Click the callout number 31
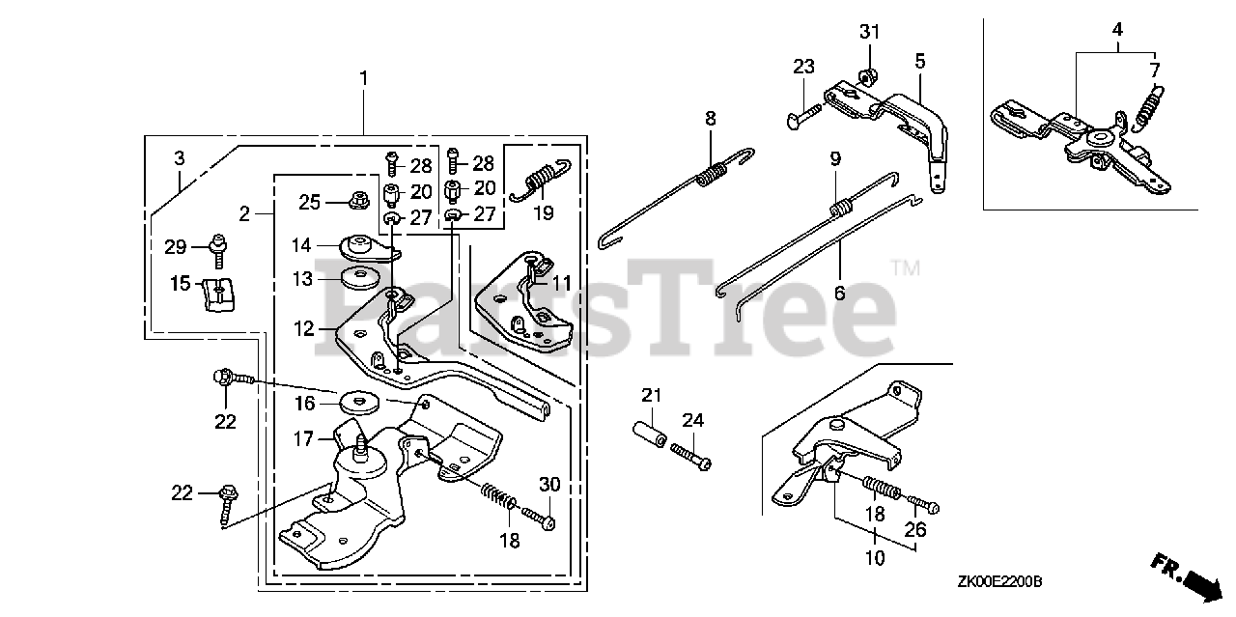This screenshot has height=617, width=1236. (x=870, y=33)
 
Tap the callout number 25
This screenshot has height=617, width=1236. (x=309, y=202)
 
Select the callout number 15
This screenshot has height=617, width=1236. (x=181, y=285)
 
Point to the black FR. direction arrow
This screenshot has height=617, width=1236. (x=1201, y=582)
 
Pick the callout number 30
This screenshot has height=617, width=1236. (x=549, y=485)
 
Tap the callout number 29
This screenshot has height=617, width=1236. (x=175, y=246)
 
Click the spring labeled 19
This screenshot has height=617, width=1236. (x=541, y=180)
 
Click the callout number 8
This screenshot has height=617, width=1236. (x=711, y=119)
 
